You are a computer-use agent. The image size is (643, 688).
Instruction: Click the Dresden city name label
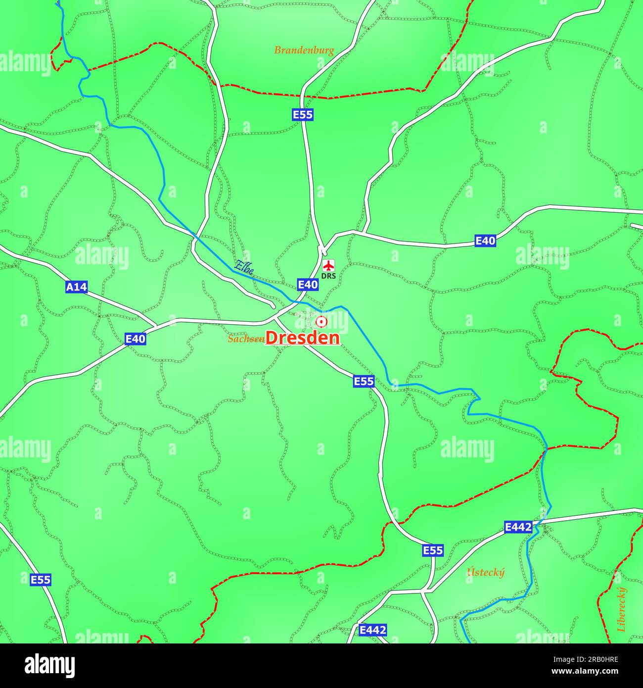(x=303, y=338)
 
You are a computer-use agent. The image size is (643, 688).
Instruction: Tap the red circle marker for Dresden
(x=321, y=322)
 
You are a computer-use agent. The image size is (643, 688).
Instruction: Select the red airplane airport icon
(x=328, y=265)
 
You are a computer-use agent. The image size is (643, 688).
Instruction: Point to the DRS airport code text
(x=328, y=275)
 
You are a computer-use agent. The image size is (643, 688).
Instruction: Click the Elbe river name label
(x=243, y=267)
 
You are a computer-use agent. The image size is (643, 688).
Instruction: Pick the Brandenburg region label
(x=304, y=50)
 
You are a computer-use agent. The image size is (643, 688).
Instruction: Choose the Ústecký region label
(x=486, y=573)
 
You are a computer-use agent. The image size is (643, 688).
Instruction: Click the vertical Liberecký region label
(x=621, y=609)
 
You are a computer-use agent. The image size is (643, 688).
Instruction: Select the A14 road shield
(x=76, y=287)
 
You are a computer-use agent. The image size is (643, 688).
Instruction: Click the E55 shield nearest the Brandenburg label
(x=302, y=115)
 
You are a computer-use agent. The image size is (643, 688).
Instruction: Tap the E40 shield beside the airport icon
(x=308, y=284)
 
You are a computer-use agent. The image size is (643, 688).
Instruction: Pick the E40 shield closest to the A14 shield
(x=135, y=339)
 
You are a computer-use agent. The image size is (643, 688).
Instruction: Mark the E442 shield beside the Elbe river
(x=518, y=527)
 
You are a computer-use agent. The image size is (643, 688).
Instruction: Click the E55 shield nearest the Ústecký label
(x=433, y=550)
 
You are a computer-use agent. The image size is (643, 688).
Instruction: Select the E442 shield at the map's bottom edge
(x=372, y=630)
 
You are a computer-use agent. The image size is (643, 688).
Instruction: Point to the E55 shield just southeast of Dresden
(x=364, y=381)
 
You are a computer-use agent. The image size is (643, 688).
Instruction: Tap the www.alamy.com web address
(x=591, y=672)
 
